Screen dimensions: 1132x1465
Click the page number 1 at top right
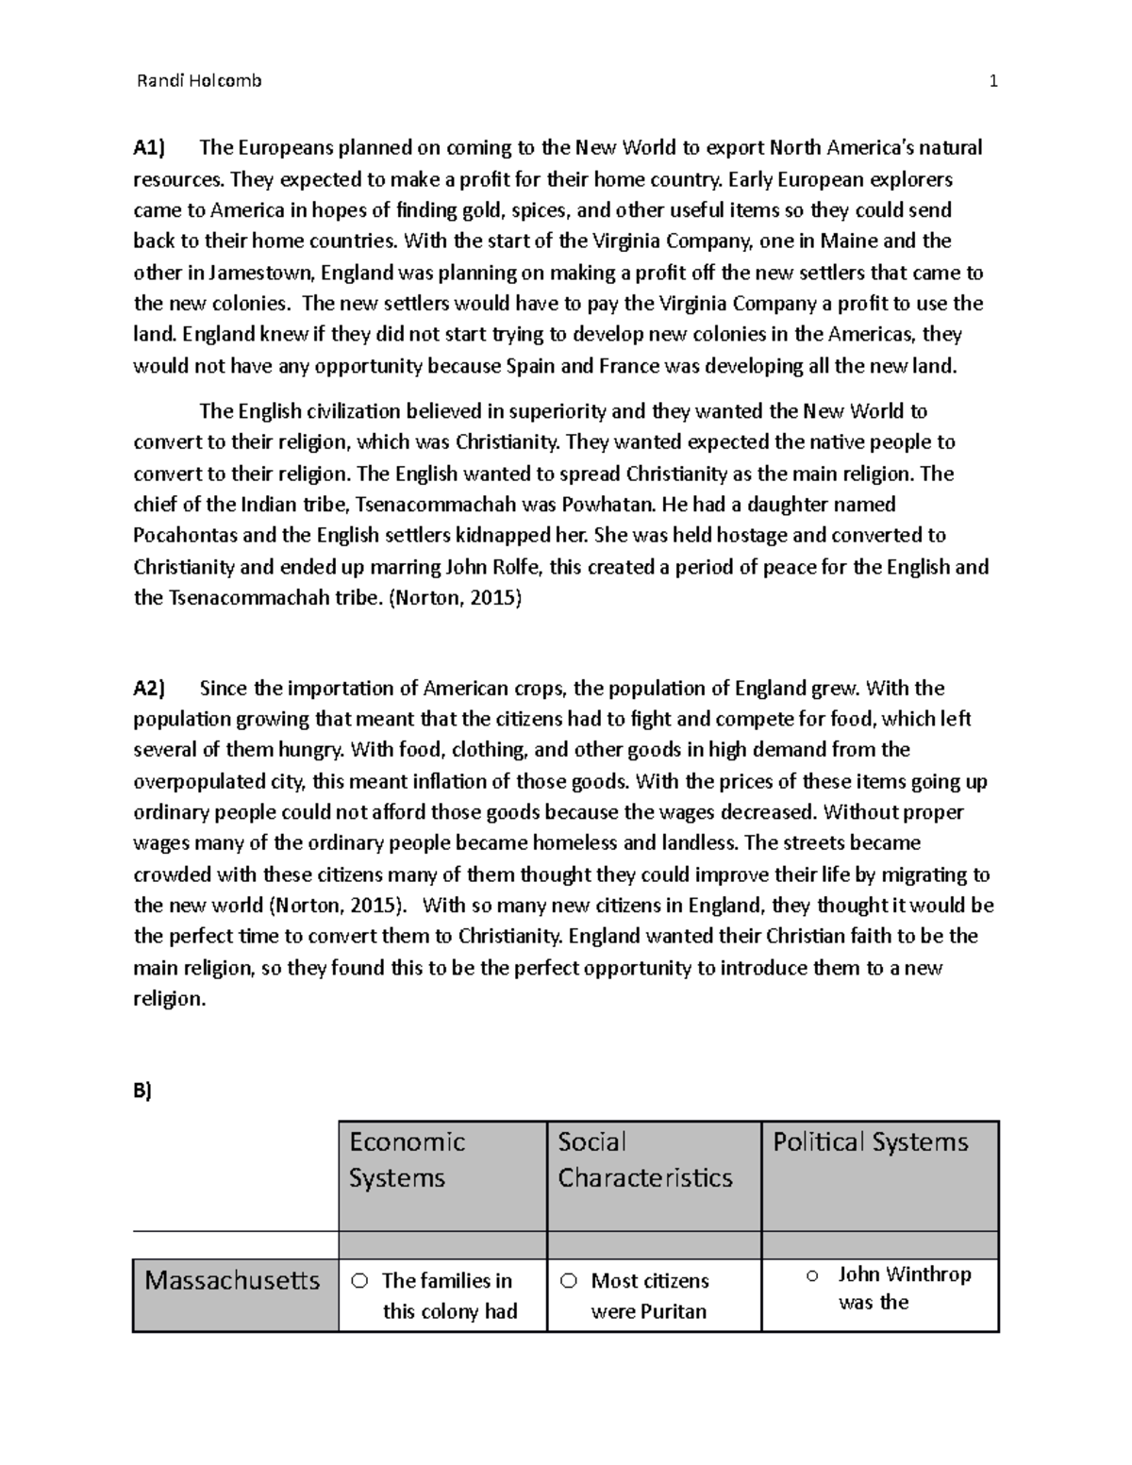992,81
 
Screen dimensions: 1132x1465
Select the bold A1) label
148,148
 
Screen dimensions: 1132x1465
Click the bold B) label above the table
142,1091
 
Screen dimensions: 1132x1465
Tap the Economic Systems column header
407,1159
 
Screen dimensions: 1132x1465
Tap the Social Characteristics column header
644,1159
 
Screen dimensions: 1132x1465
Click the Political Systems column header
870,1142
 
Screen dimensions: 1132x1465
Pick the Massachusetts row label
232,1281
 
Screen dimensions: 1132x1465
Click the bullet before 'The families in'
359,1281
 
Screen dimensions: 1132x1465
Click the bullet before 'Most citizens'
568,1281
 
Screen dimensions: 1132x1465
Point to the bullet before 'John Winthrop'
811,1275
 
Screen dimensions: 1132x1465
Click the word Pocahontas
186,536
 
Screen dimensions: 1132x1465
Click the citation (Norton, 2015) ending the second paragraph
454,599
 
